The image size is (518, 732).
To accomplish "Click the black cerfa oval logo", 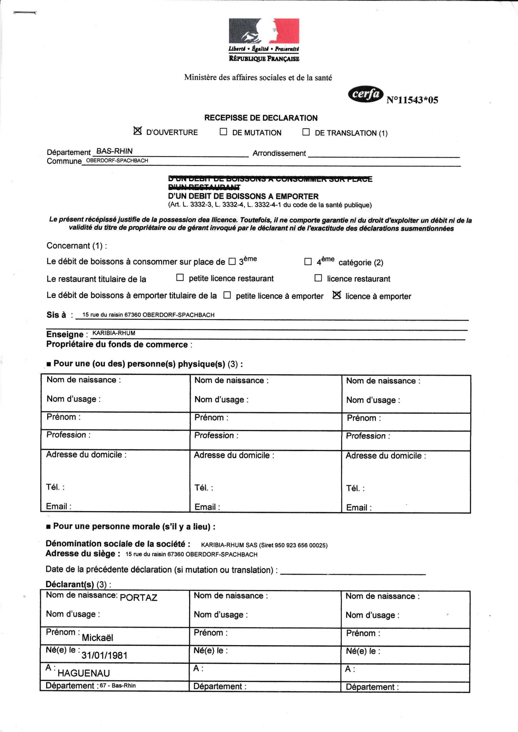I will click(x=365, y=94).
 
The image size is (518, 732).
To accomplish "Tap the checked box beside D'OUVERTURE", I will click(x=137, y=131).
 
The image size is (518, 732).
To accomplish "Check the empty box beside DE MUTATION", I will click(x=224, y=132).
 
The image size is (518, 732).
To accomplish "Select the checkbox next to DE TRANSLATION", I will click(x=306, y=132).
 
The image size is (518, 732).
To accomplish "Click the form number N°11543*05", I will click(x=412, y=100).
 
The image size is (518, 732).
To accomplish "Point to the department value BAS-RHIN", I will click(x=114, y=151).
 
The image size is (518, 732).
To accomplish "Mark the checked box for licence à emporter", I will click(x=337, y=295).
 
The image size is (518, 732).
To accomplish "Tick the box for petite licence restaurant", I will click(x=180, y=278).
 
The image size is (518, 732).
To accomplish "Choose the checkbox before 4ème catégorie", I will click(x=308, y=262).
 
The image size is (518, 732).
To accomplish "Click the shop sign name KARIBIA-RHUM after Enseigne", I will click(x=114, y=333).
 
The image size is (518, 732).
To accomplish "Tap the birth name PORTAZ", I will click(x=138, y=598).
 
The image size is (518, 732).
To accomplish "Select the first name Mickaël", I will click(x=97, y=638).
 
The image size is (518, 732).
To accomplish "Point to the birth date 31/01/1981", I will click(x=104, y=655).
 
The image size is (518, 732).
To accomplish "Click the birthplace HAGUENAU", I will click(x=84, y=673).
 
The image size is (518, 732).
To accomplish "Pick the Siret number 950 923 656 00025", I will click(x=300, y=545).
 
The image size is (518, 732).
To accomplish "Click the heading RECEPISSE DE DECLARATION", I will click(x=261, y=118).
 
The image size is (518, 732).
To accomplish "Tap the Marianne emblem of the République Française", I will click(x=264, y=31).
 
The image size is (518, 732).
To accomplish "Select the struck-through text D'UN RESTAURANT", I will click(x=204, y=187).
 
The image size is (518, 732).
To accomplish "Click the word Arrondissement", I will click(x=279, y=153).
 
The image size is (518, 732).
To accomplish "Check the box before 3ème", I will click(x=232, y=262).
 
